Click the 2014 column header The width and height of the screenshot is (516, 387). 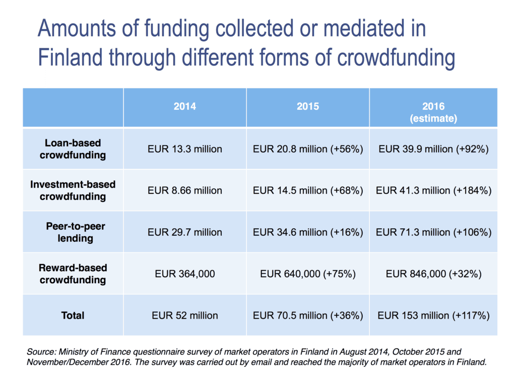[x=184, y=107]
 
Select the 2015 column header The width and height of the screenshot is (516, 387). [x=307, y=107]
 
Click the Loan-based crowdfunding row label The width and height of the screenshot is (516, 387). [x=73, y=149]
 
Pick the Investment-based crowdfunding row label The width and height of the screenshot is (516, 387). [x=73, y=190]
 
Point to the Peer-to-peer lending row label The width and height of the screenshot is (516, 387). [x=73, y=232]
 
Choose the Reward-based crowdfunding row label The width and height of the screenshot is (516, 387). [x=73, y=274]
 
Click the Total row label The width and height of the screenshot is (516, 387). [x=73, y=315]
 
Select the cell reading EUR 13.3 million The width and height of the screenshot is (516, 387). [x=184, y=149]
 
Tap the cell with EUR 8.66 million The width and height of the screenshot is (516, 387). [x=184, y=190]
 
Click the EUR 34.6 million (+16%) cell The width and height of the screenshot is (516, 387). [x=307, y=232]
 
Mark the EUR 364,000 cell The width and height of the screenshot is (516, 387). [x=184, y=274]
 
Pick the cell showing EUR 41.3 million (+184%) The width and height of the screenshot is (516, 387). [x=433, y=190]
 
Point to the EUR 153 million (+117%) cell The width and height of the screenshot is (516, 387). [x=433, y=315]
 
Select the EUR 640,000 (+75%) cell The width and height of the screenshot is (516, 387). [x=307, y=274]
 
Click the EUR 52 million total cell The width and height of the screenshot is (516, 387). [x=184, y=315]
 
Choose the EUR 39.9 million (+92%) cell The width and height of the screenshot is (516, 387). [x=433, y=149]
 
